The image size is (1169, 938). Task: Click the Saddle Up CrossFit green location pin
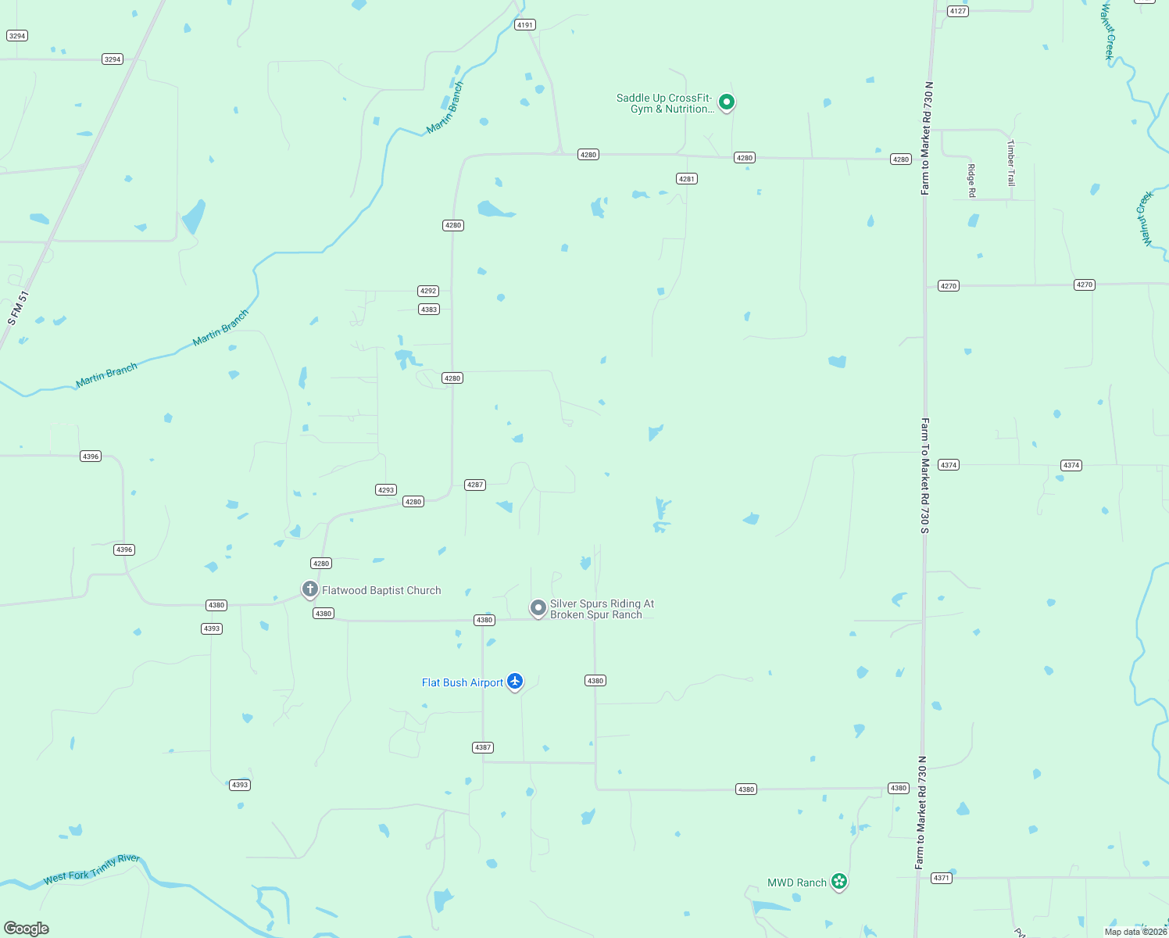click(727, 102)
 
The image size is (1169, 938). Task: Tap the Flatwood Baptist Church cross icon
click(310, 589)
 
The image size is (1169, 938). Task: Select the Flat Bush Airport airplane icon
click(515, 682)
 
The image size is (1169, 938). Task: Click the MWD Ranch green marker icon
click(839, 882)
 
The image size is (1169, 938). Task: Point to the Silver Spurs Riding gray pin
click(538, 607)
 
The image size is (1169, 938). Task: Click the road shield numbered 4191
click(525, 25)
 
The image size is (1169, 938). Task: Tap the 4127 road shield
click(958, 11)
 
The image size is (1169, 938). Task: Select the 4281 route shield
click(687, 179)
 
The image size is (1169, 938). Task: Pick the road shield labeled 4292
click(428, 291)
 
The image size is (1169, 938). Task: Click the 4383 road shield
click(429, 310)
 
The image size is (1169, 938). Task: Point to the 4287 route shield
click(475, 485)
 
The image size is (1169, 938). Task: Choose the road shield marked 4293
click(386, 490)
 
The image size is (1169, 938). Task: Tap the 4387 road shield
click(483, 747)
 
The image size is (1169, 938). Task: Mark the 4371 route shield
click(942, 878)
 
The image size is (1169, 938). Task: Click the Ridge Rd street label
click(971, 181)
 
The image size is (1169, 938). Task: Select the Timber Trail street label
click(1010, 163)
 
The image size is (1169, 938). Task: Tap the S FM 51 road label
click(18, 308)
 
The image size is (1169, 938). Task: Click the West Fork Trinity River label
click(91, 868)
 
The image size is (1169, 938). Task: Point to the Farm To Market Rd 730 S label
click(924, 476)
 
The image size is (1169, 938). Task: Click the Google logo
click(27, 929)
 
